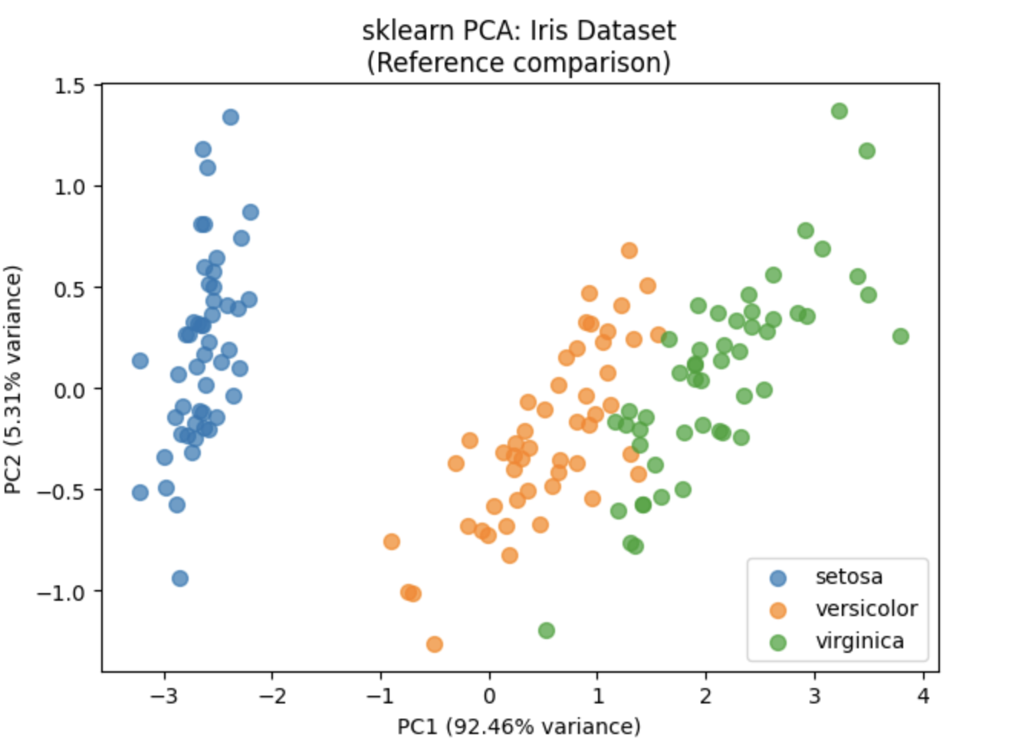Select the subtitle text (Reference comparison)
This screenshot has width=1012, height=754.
pyautogui.click(x=518, y=62)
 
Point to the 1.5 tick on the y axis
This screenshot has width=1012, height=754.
pyautogui.click(x=69, y=86)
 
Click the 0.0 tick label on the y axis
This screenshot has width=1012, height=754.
pyautogui.click(x=69, y=389)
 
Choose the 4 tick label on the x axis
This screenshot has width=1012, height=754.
pyautogui.click(x=923, y=696)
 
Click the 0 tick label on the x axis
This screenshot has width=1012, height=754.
pyautogui.click(x=489, y=696)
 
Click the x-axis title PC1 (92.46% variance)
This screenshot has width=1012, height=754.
pyautogui.click(x=518, y=726)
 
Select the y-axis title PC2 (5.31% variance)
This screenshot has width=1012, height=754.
pyautogui.click(x=13, y=379)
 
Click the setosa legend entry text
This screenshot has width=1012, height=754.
pyautogui.click(x=849, y=576)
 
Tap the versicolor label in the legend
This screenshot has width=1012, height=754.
pyautogui.click(x=866, y=608)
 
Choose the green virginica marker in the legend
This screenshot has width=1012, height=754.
pyautogui.click(x=778, y=642)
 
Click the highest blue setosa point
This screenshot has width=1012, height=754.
pyautogui.click(x=231, y=117)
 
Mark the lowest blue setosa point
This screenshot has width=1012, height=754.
pyautogui.click(x=180, y=579)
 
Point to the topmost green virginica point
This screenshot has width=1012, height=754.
pyautogui.click(x=839, y=111)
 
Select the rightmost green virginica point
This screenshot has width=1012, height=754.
pyautogui.click(x=901, y=336)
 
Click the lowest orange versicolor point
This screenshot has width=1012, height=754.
pyautogui.click(x=435, y=644)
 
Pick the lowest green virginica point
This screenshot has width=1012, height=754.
pyautogui.click(x=547, y=631)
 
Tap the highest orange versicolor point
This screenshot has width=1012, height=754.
pyautogui.click(x=629, y=251)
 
